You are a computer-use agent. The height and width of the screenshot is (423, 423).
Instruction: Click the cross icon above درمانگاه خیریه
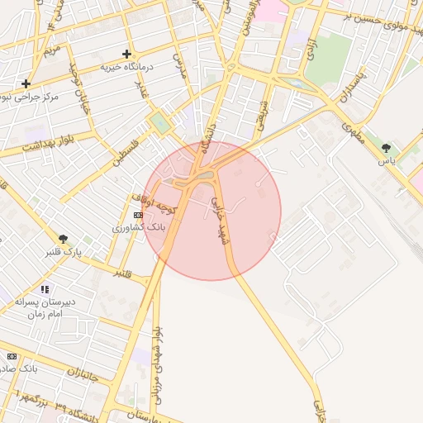126,54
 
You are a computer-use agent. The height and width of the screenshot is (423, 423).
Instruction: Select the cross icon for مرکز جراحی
26,83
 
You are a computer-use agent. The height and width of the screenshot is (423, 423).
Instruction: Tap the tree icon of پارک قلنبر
63,239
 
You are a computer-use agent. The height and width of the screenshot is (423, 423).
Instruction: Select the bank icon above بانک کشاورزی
137,214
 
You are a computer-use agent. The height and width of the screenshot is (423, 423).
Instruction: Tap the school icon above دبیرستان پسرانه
44,289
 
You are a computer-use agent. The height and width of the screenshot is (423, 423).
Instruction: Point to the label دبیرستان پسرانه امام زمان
46,308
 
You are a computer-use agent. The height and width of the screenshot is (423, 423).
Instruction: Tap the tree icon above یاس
386,149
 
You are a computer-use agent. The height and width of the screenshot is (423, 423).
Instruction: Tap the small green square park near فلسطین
158,124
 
